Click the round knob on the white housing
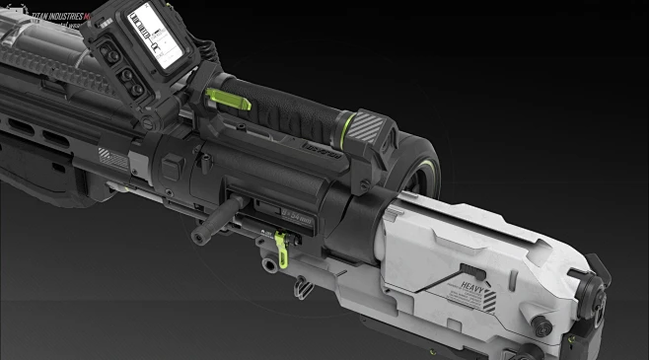tap(540, 323)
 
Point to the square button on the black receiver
tap(171, 169)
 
